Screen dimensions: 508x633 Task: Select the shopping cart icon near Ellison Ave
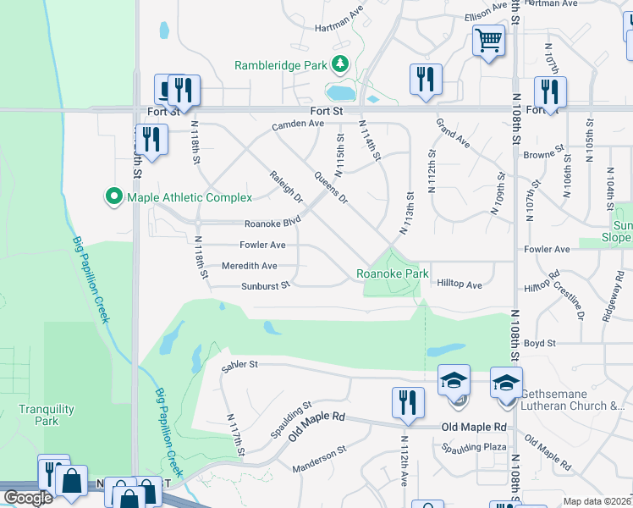tap(489, 40)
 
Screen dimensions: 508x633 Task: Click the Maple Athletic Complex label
tap(190, 197)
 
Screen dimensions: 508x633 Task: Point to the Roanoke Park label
tap(393, 273)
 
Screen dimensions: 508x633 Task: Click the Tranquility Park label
tap(47, 415)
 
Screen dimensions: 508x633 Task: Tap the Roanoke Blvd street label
tap(272, 224)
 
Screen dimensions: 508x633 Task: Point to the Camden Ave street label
tap(298, 124)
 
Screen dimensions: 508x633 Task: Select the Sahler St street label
tap(239, 364)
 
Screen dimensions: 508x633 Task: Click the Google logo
tap(28, 498)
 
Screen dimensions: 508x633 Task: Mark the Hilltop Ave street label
tap(460, 285)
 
